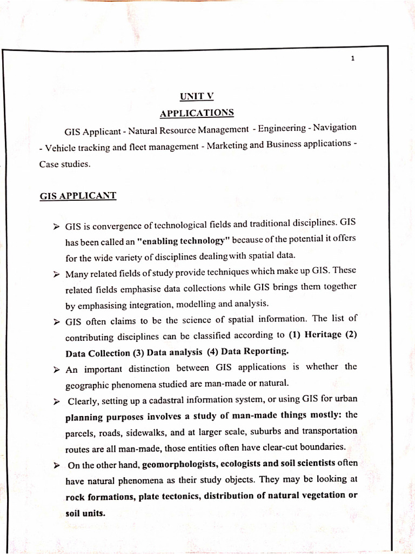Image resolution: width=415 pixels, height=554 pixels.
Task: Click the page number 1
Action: pyautogui.click(x=352, y=60)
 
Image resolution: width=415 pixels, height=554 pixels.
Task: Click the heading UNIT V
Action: pyautogui.click(x=197, y=96)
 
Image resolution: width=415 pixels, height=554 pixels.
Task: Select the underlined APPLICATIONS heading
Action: pyautogui.click(x=197, y=113)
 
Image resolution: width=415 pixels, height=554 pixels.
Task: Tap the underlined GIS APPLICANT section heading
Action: pyautogui.click(x=78, y=196)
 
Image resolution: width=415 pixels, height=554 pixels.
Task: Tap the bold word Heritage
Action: pyautogui.click(x=323, y=334)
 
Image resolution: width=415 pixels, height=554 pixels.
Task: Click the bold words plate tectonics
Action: pyautogui.click(x=176, y=496)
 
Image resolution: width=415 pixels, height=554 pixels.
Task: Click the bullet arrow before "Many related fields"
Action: pyautogui.click(x=56, y=275)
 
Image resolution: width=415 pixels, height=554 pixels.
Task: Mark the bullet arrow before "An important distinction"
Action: pyautogui.click(x=56, y=370)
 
